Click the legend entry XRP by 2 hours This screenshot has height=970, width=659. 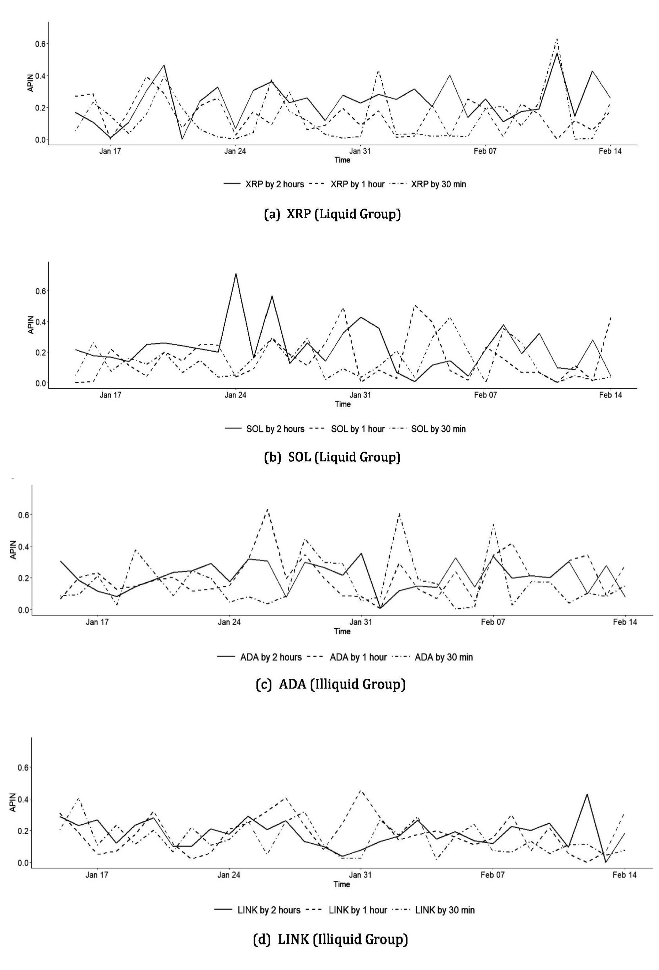pos(274,184)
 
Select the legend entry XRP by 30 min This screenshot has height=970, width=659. pos(438,184)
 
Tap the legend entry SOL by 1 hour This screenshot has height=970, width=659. pos(358,429)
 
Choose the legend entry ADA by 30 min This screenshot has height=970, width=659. pos(443,657)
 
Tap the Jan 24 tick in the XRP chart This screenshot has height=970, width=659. pos(235,151)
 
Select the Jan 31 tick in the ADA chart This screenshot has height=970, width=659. pos(361,622)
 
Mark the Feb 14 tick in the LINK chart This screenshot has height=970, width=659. pos(625,875)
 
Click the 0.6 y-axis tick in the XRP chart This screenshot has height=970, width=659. pos(39,44)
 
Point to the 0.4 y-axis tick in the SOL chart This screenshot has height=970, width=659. pos(39,322)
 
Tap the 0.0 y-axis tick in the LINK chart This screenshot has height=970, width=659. pos(22,863)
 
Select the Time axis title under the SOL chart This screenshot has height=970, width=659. pos(342,404)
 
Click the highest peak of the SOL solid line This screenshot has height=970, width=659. pos(236,274)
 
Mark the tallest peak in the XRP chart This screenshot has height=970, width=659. pos(557,39)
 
